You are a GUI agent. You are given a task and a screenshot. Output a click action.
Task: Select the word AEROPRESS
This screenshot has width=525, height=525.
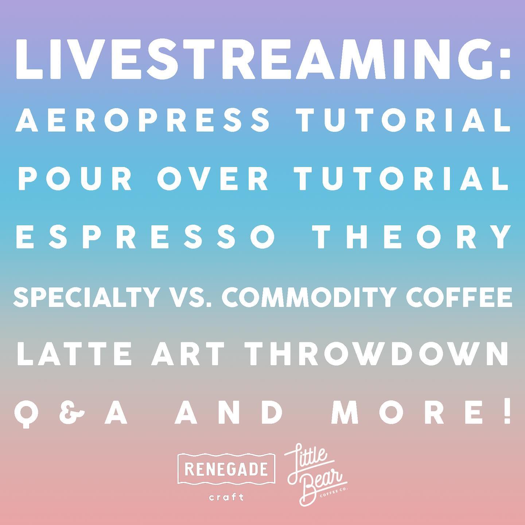pos(142,120)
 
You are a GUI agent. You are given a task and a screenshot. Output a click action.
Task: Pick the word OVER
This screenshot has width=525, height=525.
pos(213,178)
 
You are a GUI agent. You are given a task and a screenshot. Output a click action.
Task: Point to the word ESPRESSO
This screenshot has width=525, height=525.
pos(146,237)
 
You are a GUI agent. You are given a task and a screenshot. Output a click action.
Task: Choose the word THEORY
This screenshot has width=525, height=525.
pos(412,237)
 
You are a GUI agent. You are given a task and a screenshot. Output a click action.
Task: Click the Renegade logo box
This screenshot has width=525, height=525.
pos(226,468)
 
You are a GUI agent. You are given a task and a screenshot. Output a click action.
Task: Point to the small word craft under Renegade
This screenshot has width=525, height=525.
pos(226,498)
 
